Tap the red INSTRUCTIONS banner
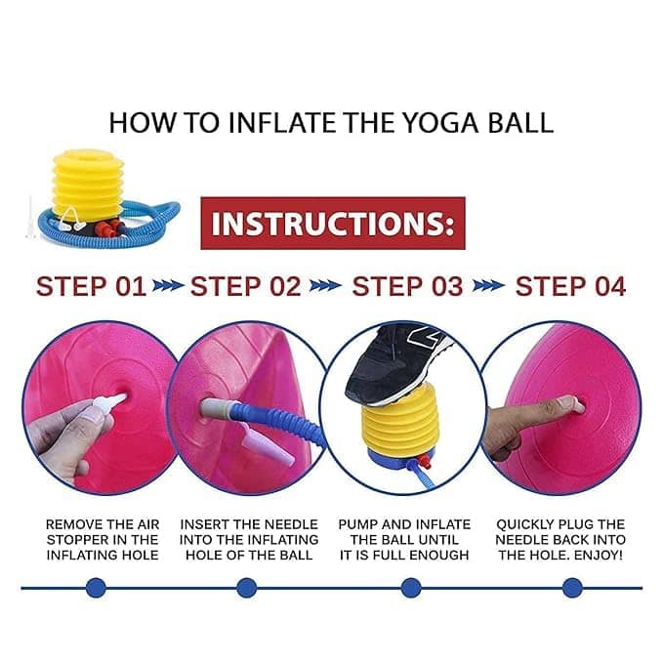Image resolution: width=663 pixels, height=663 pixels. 333,223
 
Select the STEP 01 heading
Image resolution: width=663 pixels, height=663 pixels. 91,286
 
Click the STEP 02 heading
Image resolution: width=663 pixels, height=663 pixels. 246,286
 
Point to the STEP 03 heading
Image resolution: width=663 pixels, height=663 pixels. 407,286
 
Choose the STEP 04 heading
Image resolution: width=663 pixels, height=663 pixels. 570,286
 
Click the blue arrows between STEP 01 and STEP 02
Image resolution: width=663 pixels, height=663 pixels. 168,286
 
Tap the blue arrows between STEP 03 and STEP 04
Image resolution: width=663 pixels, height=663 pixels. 488,286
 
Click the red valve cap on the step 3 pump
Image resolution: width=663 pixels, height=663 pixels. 426,461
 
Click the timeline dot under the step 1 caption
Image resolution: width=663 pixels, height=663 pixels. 96,588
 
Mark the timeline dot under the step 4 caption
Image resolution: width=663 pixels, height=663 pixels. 572,588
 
